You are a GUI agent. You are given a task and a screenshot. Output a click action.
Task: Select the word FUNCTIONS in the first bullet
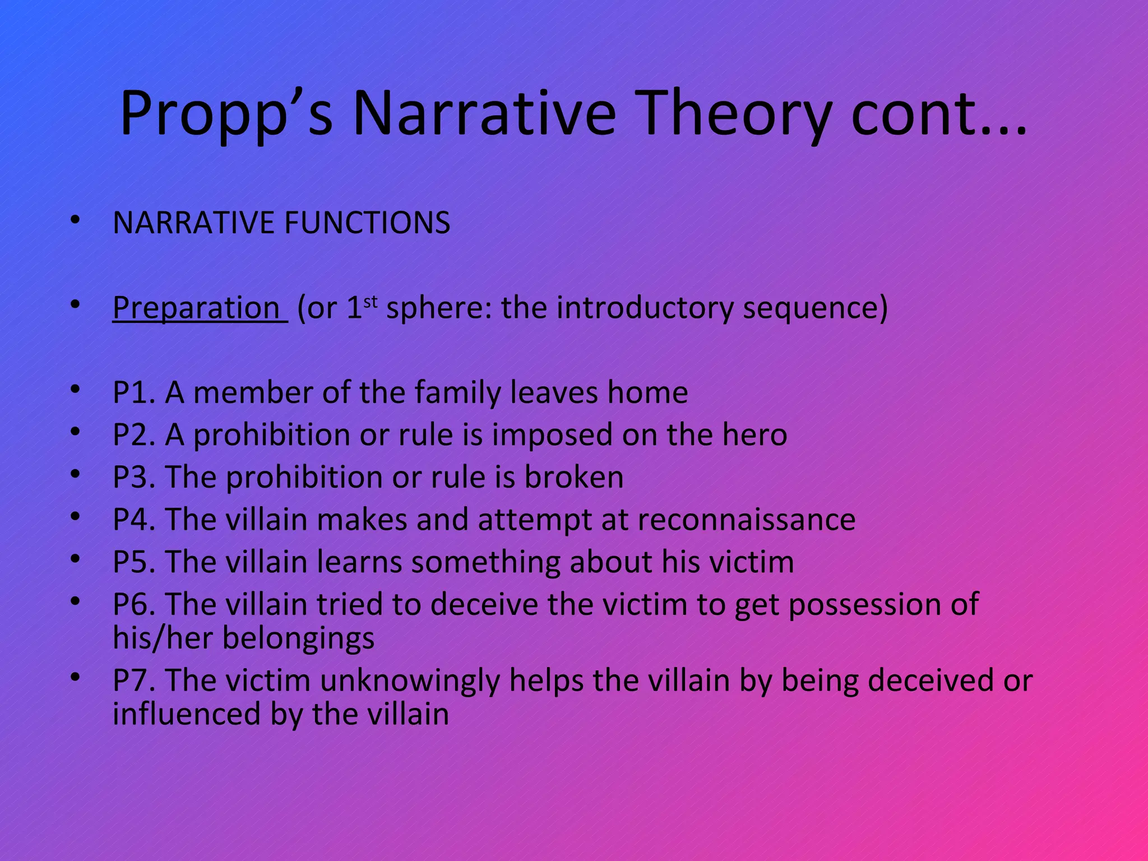click(367, 223)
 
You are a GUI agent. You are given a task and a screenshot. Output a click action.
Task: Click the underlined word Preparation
click(196, 308)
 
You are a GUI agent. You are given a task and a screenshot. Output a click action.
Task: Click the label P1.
click(133, 392)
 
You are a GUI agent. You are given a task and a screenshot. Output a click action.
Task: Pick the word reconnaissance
click(746, 520)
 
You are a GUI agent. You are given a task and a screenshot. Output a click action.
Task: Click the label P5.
click(133, 562)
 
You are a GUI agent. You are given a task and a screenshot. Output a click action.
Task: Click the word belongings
click(298, 638)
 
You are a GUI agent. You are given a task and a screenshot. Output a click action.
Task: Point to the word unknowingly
click(410, 681)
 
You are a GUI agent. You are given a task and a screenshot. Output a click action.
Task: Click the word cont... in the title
click(939, 115)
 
